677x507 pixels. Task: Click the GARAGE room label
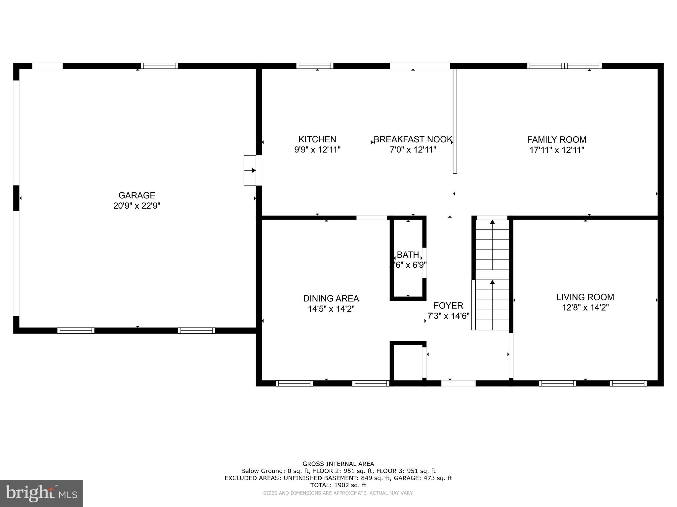(137, 195)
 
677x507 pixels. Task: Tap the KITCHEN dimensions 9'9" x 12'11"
(317, 150)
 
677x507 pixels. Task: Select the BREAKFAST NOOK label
(413, 139)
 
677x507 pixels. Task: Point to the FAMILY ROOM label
(557, 140)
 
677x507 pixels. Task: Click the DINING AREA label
(331, 298)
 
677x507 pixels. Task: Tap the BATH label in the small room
(408, 255)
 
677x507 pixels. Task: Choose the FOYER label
(448, 305)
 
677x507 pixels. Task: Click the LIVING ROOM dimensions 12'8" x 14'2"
(585, 308)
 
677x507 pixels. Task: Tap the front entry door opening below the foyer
(458, 383)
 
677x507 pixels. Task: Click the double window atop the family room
(564, 66)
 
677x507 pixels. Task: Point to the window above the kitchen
(315, 66)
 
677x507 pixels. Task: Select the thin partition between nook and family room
(455, 120)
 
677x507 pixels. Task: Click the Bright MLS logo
(41, 493)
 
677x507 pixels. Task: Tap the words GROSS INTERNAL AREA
(338, 464)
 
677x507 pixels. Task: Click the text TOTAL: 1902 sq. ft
(338, 485)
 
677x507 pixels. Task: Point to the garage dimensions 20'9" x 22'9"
(137, 206)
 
